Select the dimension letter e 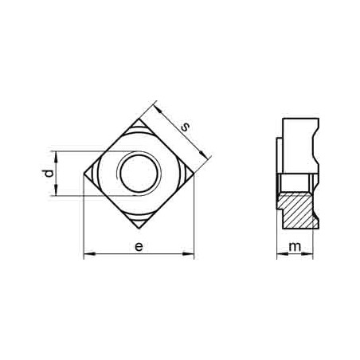tap(139, 247)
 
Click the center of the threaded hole tap(139, 172)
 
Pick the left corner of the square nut tap(83, 173)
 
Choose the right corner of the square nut tap(194, 173)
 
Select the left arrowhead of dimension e tap(87, 256)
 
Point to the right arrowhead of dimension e tap(190, 256)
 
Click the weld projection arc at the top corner tap(139, 128)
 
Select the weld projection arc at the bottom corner tap(139, 217)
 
